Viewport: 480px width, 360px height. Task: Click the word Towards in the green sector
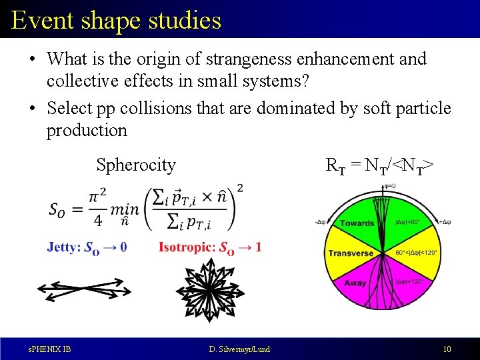pyautogui.click(x=357, y=223)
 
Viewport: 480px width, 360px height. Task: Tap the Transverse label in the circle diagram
pyautogui.click(x=351, y=253)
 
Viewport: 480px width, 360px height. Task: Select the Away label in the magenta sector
pyautogui.click(x=355, y=283)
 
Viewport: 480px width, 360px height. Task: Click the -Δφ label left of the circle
pyautogui.click(x=320, y=221)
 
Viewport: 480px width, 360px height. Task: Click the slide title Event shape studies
pyautogui.click(x=116, y=20)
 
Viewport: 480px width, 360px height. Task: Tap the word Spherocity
pyautogui.click(x=136, y=165)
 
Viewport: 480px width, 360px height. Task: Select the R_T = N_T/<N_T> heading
pyautogui.click(x=380, y=165)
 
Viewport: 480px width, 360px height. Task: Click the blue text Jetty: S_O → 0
pyautogui.click(x=87, y=247)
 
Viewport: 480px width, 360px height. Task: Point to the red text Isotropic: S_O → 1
pyautogui.click(x=210, y=247)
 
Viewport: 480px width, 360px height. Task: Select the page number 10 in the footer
pyautogui.click(x=446, y=349)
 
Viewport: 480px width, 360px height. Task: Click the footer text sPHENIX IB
pyautogui.click(x=49, y=349)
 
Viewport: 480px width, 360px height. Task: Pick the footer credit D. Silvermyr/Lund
pyautogui.click(x=239, y=349)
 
